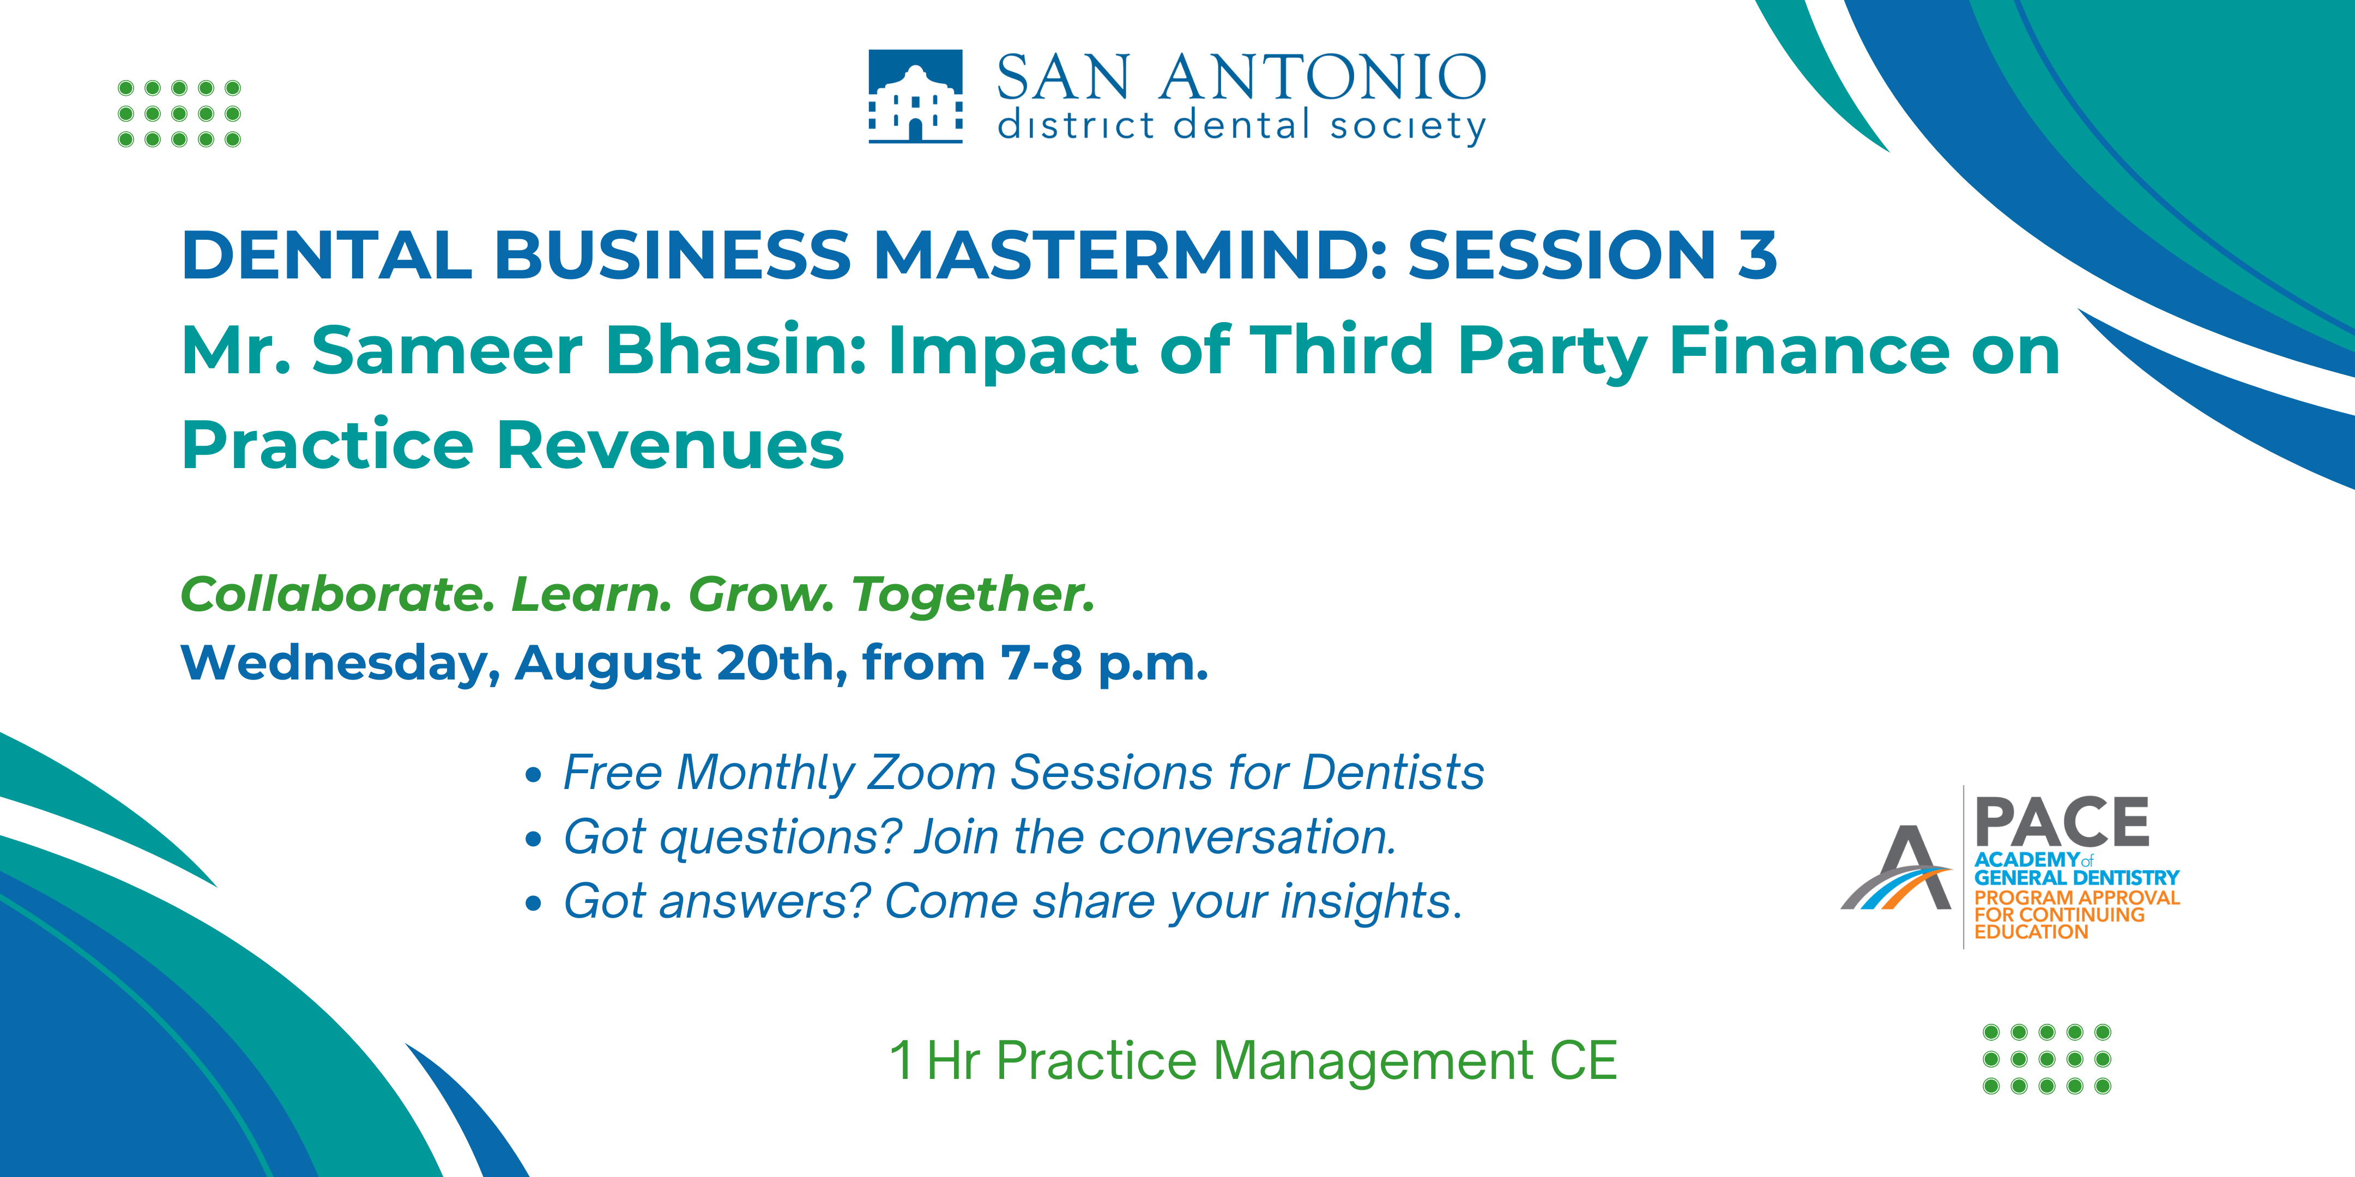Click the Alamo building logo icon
[915, 96]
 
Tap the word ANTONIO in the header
[1323, 78]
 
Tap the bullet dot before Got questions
[534, 839]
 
